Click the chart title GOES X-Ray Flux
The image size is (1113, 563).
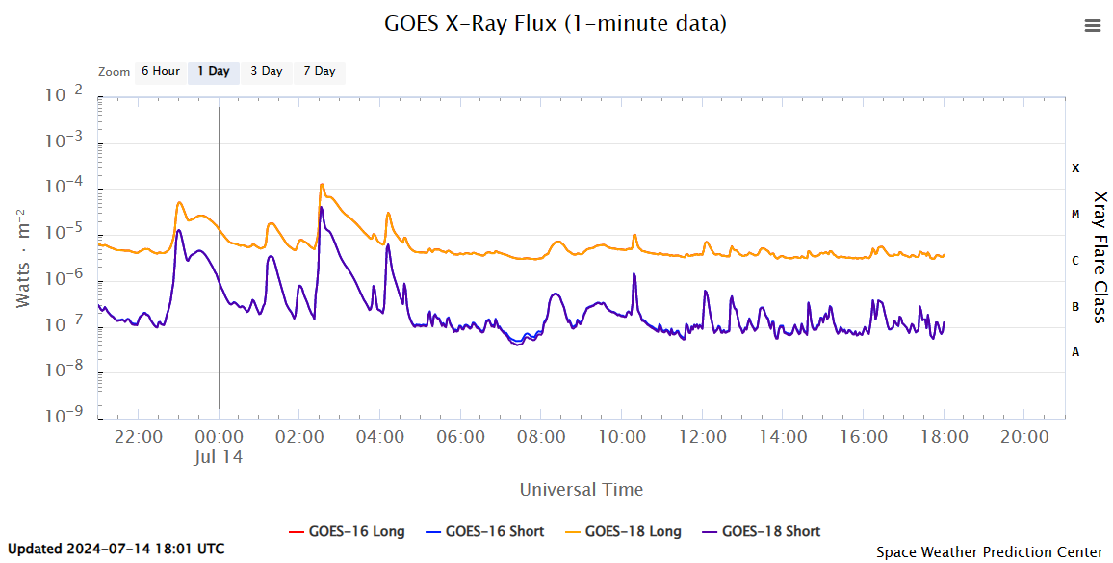[x=556, y=23]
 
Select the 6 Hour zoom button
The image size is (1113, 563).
[x=160, y=71]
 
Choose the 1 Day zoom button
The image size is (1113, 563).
[x=214, y=71]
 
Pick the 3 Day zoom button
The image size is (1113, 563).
[x=267, y=71]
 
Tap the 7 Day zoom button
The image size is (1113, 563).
[x=320, y=71]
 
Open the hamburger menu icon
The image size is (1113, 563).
[x=1093, y=26]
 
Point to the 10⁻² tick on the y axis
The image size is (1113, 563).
[x=63, y=96]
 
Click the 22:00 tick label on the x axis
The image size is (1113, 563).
[x=138, y=437]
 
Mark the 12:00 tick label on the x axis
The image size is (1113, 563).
[x=703, y=437]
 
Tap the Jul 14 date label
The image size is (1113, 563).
[x=218, y=457]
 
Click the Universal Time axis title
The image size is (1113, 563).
[x=582, y=489]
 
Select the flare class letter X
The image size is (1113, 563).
[x=1075, y=168]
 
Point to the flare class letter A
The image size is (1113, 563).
[x=1075, y=352]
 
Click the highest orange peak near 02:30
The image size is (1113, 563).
[x=322, y=185]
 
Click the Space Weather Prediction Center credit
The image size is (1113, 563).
[x=990, y=552]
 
